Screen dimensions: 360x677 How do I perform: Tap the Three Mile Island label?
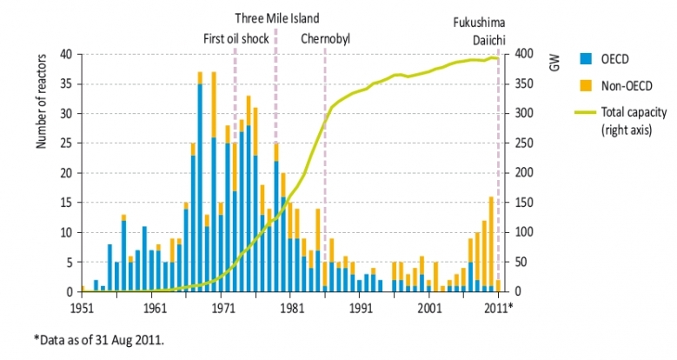pos(277,17)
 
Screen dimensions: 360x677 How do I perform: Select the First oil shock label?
pos(236,38)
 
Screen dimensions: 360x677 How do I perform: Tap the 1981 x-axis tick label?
pos(291,307)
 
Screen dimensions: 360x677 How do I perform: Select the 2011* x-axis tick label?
pos(499,307)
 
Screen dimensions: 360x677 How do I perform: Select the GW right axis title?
pos(554,63)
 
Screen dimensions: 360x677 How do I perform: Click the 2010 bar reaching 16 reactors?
pos(491,243)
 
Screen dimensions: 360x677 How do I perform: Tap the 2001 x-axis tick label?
pos(429,307)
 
